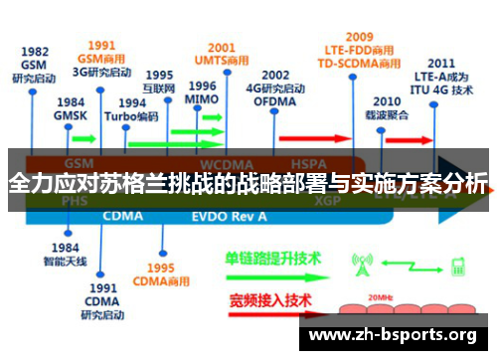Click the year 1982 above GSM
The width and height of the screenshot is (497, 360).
tap(35, 52)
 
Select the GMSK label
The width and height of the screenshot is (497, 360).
tap(71, 115)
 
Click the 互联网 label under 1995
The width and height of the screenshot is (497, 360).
tap(159, 88)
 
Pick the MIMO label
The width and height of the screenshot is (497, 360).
tap(202, 100)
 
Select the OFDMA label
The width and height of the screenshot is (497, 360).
tap(275, 100)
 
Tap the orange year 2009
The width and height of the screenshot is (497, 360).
tap(360, 37)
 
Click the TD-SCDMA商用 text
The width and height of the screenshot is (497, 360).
tap(360, 63)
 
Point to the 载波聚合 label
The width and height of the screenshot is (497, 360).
tap(387, 114)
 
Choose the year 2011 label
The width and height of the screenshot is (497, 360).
tap(442, 62)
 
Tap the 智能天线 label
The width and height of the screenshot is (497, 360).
tap(65, 262)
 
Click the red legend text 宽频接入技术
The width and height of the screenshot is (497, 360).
tap(270, 299)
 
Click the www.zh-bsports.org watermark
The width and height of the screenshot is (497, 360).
tap(394, 335)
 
